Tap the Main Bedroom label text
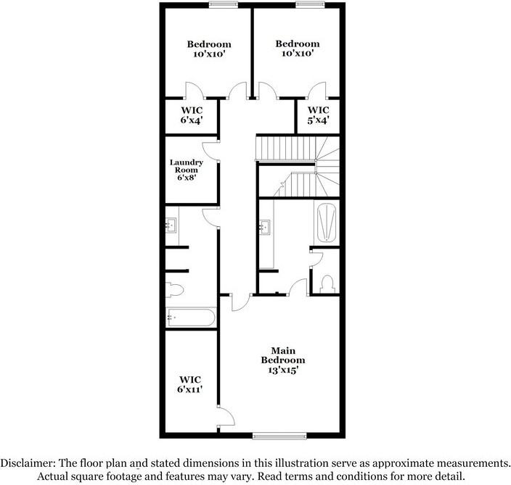click(x=284, y=355)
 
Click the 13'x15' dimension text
click(x=284, y=370)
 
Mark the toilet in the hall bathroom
click(x=176, y=290)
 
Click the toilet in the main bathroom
click(x=327, y=282)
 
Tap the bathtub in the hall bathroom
click(x=190, y=318)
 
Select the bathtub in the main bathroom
click(x=327, y=223)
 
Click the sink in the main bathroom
click(x=264, y=228)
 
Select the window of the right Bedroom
click(x=308, y=5)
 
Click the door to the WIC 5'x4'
click(x=316, y=91)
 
